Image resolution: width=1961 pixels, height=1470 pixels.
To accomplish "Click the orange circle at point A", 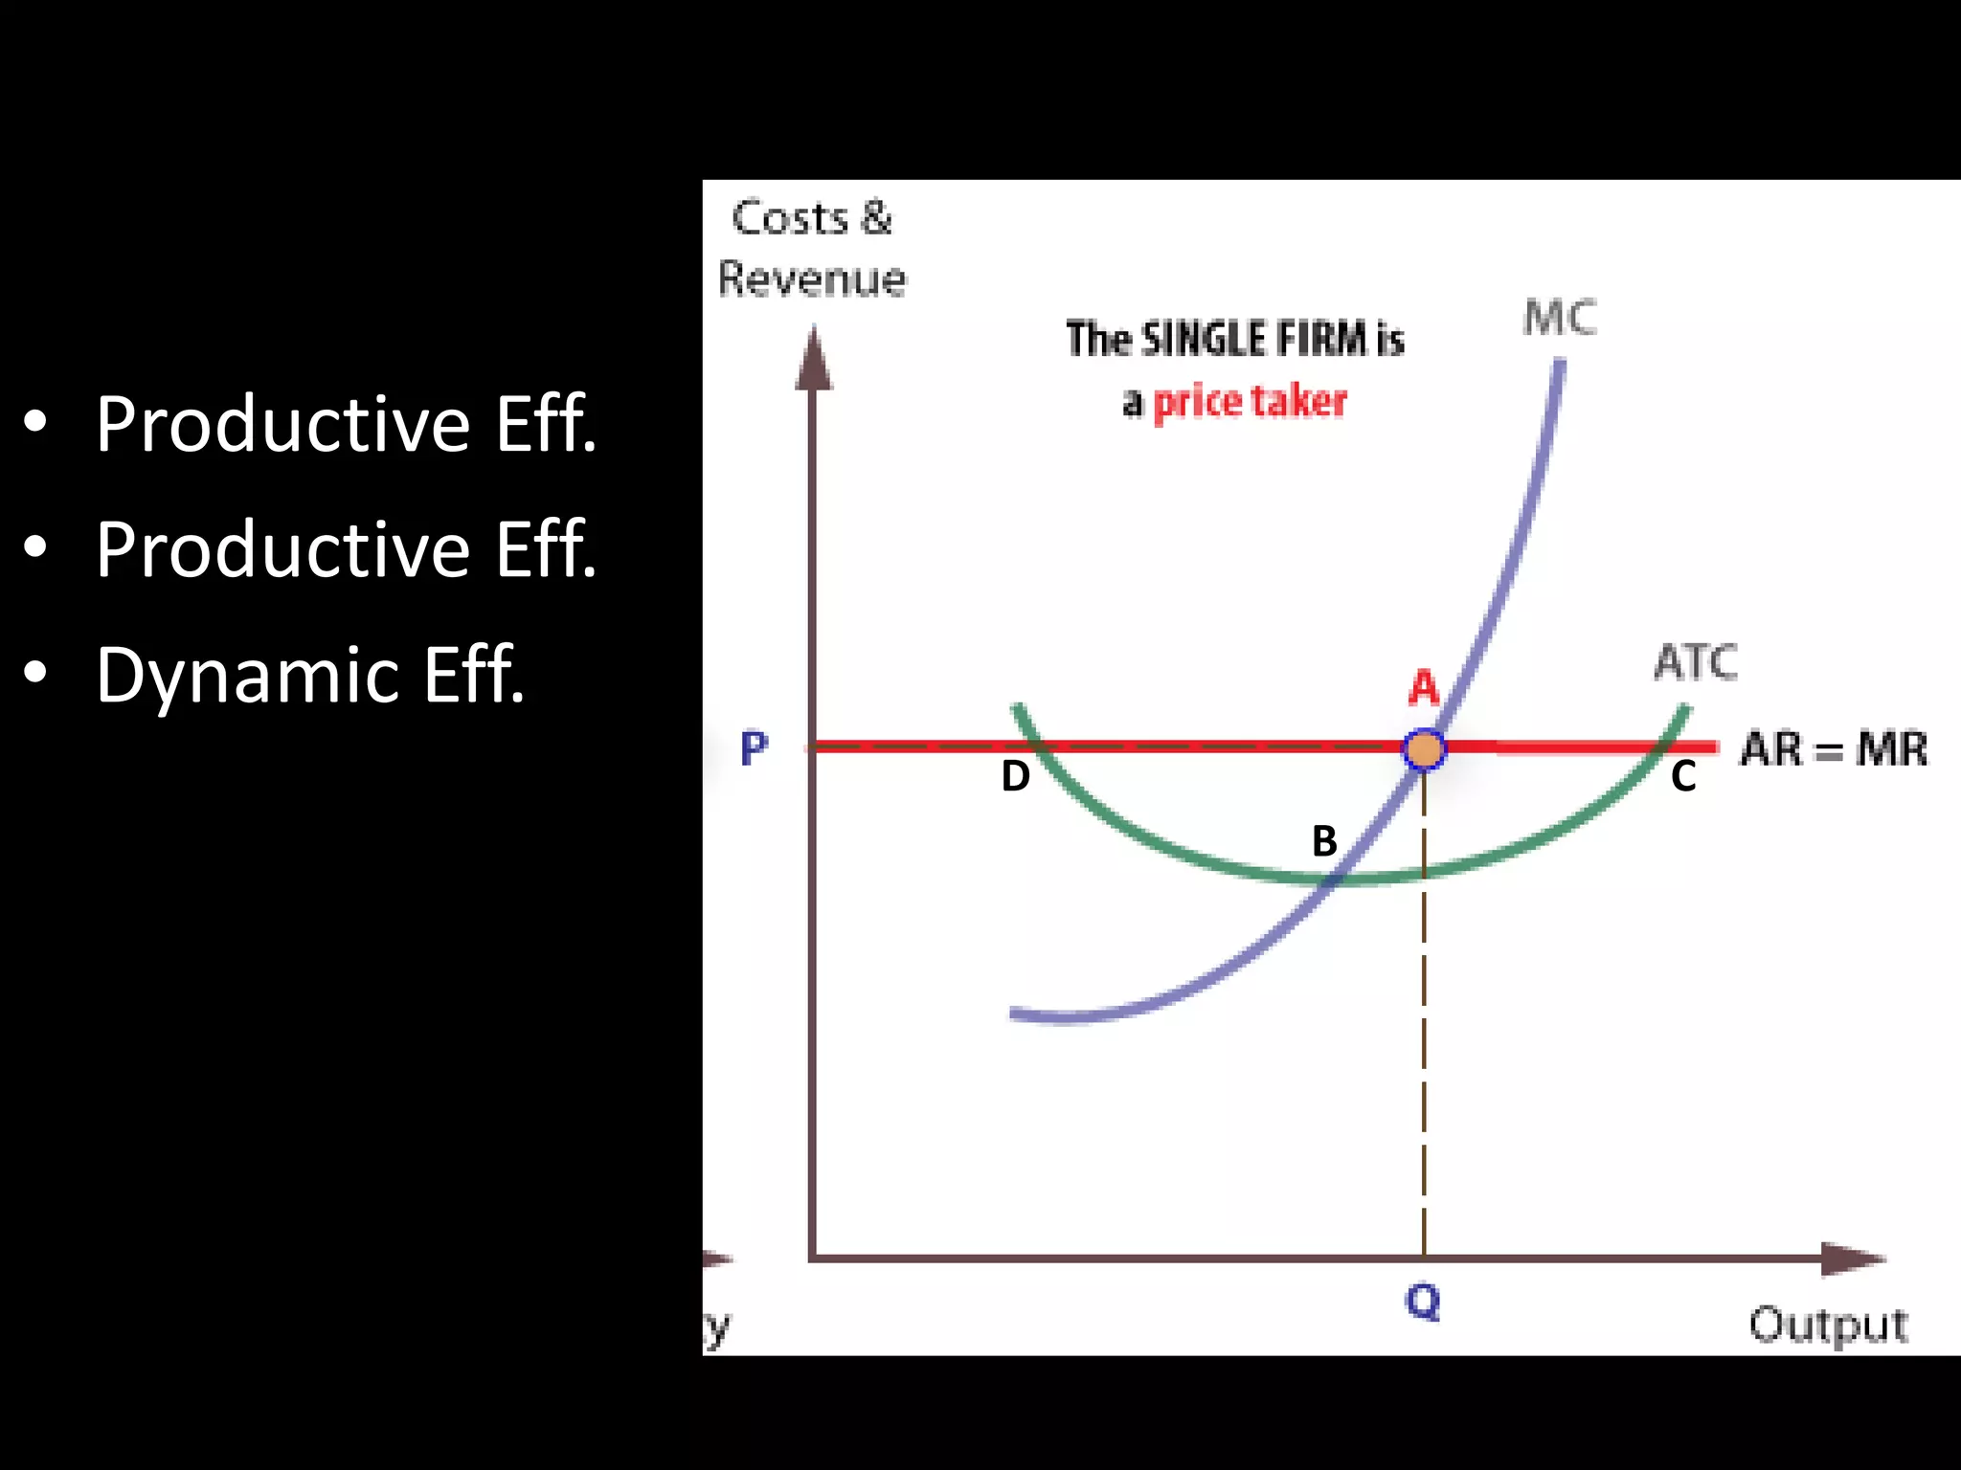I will [1424, 748].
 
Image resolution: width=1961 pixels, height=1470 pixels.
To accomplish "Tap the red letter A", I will [1424, 687].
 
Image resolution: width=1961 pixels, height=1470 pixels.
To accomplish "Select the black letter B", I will [1324, 841].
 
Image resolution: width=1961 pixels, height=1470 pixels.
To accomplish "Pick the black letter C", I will [1683, 776].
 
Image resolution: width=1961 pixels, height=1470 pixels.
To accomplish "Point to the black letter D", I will [1015, 776].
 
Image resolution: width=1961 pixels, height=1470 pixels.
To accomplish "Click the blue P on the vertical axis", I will [755, 748].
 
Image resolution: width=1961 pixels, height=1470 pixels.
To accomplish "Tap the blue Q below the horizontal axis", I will [1423, 1302].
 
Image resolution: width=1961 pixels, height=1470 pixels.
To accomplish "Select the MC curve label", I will [1560, 318].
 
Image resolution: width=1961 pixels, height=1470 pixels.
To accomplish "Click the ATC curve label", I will [1696, 662].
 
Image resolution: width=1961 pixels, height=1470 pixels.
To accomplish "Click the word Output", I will [1828, 1325].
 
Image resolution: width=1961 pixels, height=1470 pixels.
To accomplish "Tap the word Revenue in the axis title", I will [812, 279].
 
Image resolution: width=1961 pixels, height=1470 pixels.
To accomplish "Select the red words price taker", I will [1250, 402].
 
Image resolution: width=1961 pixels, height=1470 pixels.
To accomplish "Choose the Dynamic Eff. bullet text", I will [310, 675].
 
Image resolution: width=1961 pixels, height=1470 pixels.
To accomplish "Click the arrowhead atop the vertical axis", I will [814, 358].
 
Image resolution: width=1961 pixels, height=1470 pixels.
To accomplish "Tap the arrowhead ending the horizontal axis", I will [1853, 1258].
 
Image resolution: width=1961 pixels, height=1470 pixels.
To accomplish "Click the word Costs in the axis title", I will [790, 218].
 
